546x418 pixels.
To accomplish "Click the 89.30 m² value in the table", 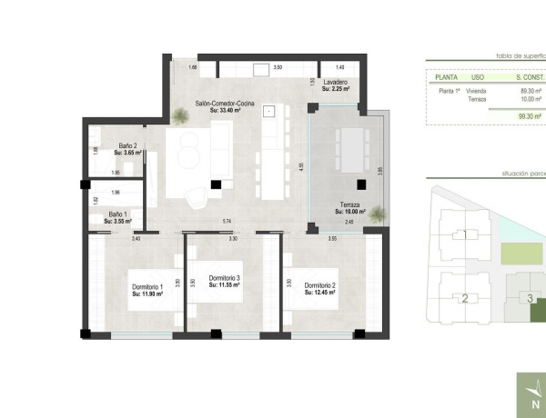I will [x=531, y=91].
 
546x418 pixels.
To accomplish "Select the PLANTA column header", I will [x=446, y=77].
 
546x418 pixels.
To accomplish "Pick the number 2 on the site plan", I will [x=465, y=298].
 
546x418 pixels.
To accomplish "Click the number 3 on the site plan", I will [x=530, y=297].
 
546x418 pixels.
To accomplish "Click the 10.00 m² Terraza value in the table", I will [x=531, y=99].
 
